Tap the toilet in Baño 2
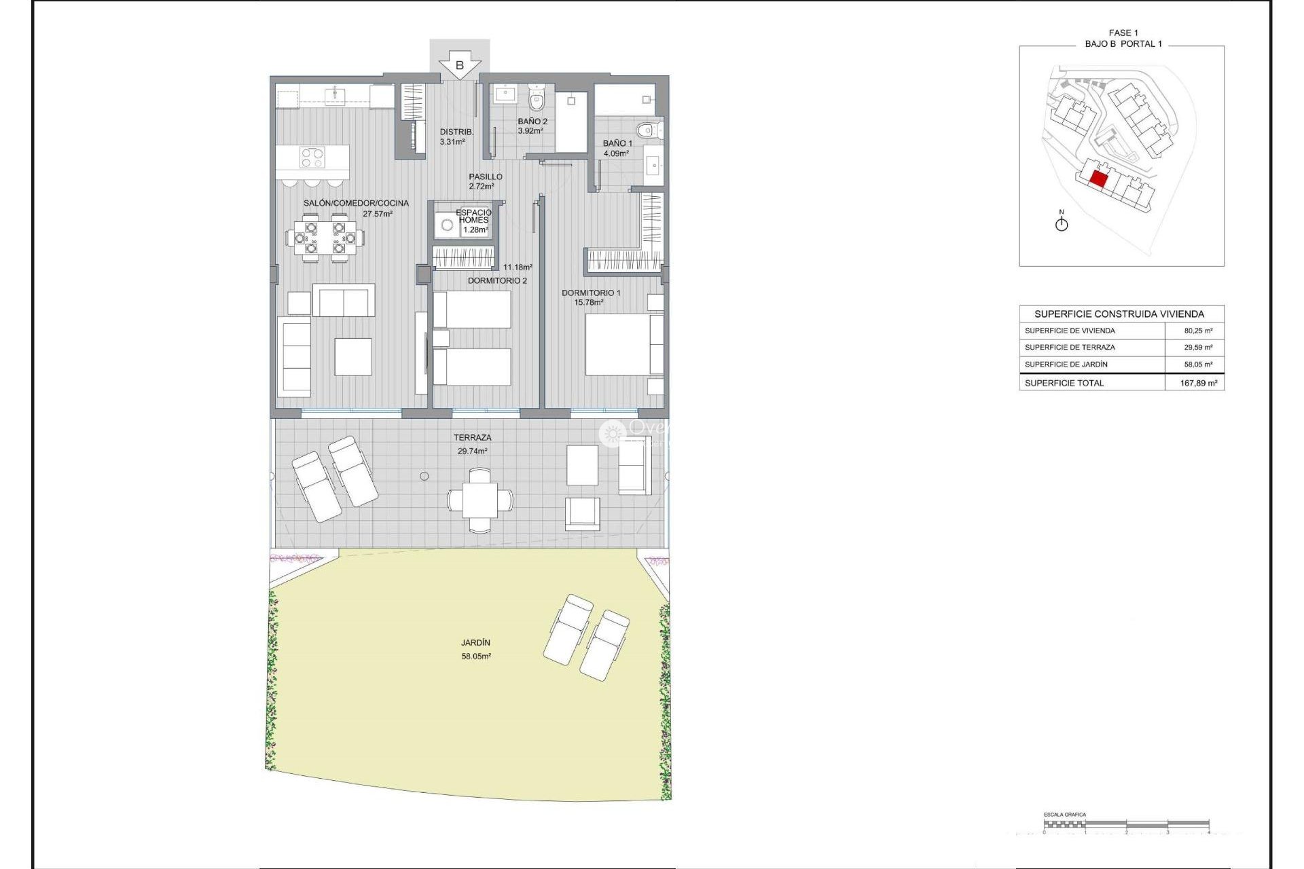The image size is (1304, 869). pyautogui.click(x=537, y=100)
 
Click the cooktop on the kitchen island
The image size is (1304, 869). pyautogui.click(x=312, y=158)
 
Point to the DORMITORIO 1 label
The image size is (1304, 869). pyautogui.click(x=590, y=293)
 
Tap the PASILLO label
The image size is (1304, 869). pyautogui.click(x=485, y=177)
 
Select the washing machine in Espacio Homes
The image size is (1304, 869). pyautogui.click(x=447, y=225)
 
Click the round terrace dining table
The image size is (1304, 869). pyautogui.click(x=480, y=500)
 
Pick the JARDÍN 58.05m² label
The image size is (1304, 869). pyautogui.click(x=475, y=649)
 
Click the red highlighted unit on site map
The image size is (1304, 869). pyautogui.click(x=1098, y=179)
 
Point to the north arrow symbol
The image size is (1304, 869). pyautogui.click(x=1062, y=222)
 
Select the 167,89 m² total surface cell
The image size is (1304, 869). pyautogui.click(x=1198, y=383)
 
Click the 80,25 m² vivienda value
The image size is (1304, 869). pyautogui.click(x=1198, y=331)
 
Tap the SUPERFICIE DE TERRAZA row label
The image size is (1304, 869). pyautogui.click(x=1070, y=347)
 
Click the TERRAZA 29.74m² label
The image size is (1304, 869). pyautogui.click(x=473, y=444)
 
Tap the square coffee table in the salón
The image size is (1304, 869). pyautogui.click(x=353, y=356)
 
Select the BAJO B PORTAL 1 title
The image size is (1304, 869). pyautogui.click(x=1123, y=43)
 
